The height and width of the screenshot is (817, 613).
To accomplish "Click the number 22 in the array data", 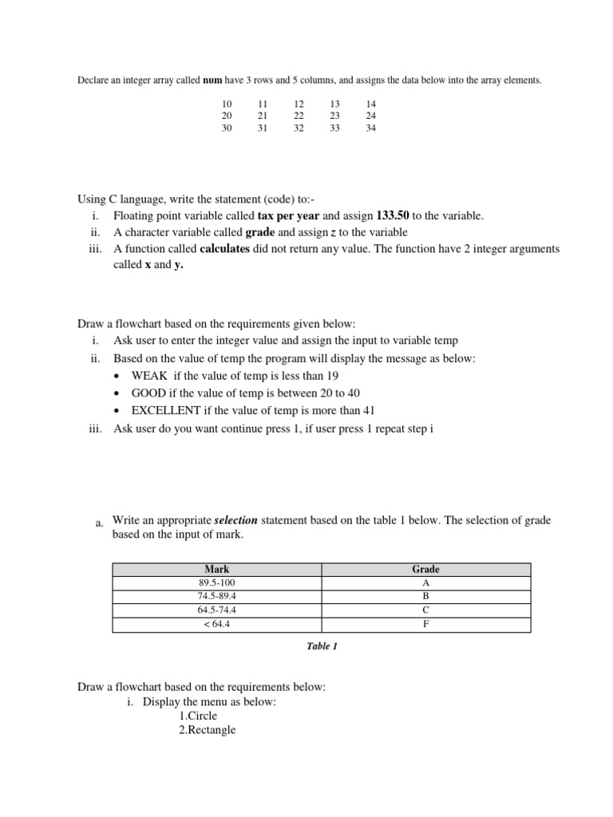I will pos(299,116).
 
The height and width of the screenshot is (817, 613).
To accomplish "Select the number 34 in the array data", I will pos(370,128).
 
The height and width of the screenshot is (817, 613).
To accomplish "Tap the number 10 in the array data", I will pos(227,105).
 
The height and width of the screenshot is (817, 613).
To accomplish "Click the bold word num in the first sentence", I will pos(212,81).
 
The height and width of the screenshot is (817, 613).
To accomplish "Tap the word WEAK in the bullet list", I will pos(149,376).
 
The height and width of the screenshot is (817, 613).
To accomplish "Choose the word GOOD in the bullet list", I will pos(148,393).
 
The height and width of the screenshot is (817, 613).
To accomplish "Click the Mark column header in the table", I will pos(217,570).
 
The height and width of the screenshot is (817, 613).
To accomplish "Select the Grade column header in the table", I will pos(425,570).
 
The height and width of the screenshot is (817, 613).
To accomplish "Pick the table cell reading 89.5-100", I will pos(217,583).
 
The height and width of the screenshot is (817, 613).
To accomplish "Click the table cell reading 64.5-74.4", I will pos(217,610).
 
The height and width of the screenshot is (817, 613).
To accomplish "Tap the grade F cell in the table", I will pos(425,625).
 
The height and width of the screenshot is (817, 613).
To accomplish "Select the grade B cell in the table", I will pos(425,597).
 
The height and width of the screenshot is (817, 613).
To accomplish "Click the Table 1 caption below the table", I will pos(322,646).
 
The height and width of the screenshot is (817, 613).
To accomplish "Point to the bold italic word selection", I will pos(238,521).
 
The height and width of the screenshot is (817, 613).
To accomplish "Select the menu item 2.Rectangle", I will pos(208,730).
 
